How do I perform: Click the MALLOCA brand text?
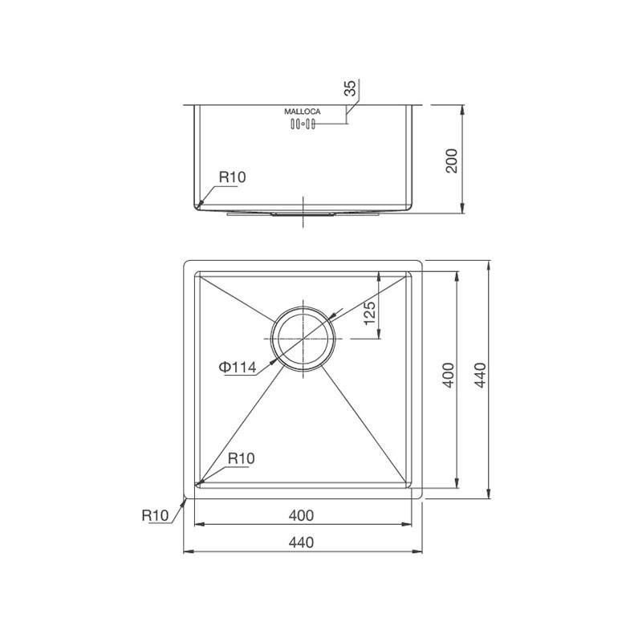pyautogui.click(x=302, y=112)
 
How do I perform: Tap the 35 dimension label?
pyautogui.click(x=350, y=88)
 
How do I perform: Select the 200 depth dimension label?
pyautogui.click(x=451, y=161)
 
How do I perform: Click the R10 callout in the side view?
pyautogui.click(x=232, y=177)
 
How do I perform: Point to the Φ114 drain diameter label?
pyautogui.click(x=238, y=367)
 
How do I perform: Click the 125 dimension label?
pyautogui.click(x=369, y=313)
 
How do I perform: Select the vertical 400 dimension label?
pyautogui.click(x=449, y=376)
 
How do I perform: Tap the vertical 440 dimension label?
pyautogui.click(x=480, y=376)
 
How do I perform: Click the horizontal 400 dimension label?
pyautogui.click(x=301, y=515)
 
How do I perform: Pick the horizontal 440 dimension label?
pyautogui.click(x=301, y=543)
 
